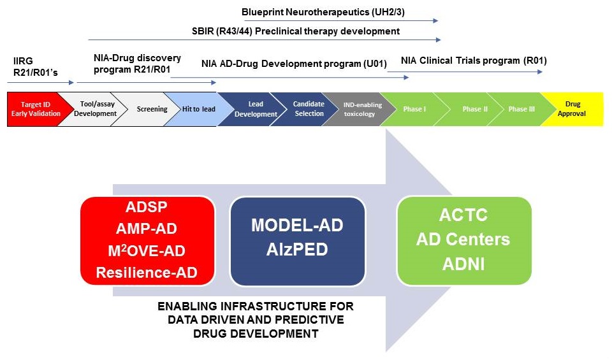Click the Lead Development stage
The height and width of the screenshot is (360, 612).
[x=254, y=109]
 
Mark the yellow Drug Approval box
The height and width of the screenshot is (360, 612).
[x=576, y=109]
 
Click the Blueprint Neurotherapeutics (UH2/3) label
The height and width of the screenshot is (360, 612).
[x=323, y=12]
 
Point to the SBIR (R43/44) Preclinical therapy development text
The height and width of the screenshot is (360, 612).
[x=296, y=31]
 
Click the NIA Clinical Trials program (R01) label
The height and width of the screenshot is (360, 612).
[x=474, y=61]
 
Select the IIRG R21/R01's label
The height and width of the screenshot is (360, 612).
[x=36, y=67]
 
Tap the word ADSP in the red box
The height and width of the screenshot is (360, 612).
[x=147, y=206]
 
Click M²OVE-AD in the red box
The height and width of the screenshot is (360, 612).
[x=147, y=251]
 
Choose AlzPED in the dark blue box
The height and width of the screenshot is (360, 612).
[x=297, y=250]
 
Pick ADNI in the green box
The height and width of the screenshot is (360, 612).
[x=463, y=264]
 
